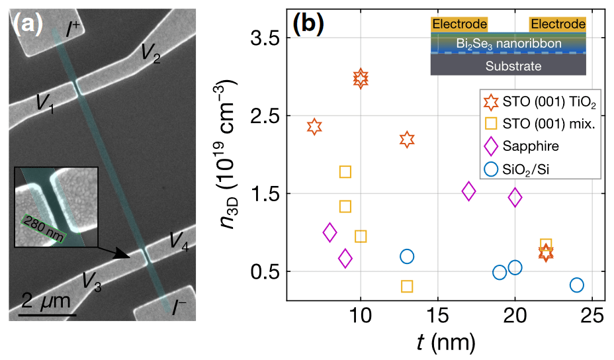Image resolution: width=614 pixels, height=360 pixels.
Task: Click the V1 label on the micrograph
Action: pyautogui.click(x=44, y=103)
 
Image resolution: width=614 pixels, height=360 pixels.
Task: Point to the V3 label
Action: pyautogui.click(x=91, y=281)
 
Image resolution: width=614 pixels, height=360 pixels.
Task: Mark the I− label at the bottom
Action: pyautogui.click(x=179, y=308)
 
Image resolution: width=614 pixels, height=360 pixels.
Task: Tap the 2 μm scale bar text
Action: pyautogui.click(x=46, y=302)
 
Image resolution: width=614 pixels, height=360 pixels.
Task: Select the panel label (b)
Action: pyautogui.click(x=308, y=24)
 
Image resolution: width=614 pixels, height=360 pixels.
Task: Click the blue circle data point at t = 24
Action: pyautogui.click(x=576, y=285)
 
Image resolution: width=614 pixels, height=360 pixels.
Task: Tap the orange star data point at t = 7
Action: pyautogui.click(x=314, y=126)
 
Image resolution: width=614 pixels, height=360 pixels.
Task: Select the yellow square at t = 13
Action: pyautogui.click(x=407, y=287)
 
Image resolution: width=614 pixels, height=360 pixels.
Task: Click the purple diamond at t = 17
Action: pyautogui.click(x=468, y=191)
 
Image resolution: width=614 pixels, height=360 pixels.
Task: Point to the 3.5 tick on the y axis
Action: pyautogui.click(x=261, y=38)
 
